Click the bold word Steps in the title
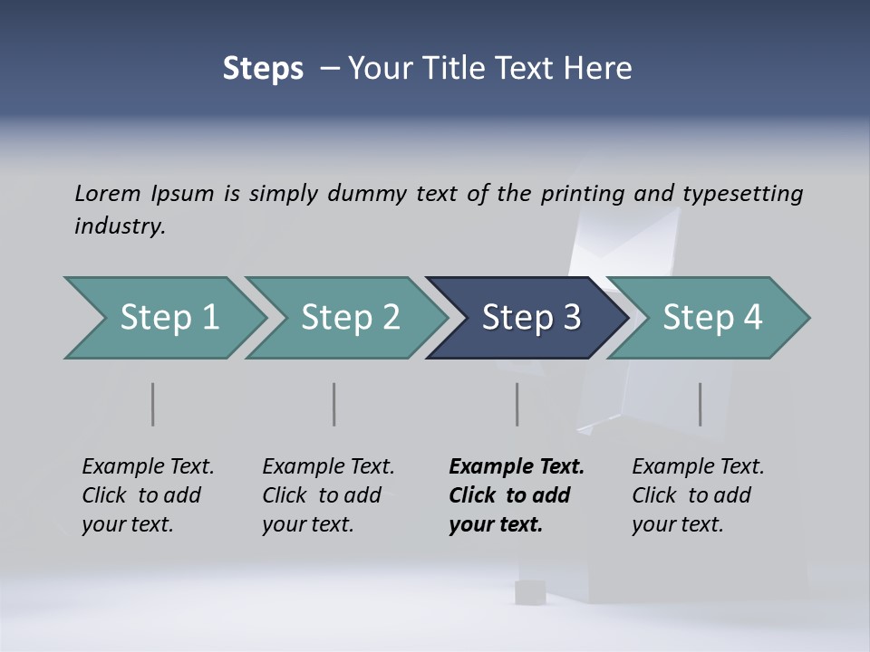click(263, 69)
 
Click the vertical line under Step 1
click(152, 404)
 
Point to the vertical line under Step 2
click(333, 404)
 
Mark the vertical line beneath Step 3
click(517, 404)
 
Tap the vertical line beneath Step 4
click(700, 404)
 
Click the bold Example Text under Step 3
click(517, 495)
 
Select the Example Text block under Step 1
click(148, 495)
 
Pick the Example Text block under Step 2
click(328, 495)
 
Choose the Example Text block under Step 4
click(698, 495)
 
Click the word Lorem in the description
click(108, 193)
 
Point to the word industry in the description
click(120, 226)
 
